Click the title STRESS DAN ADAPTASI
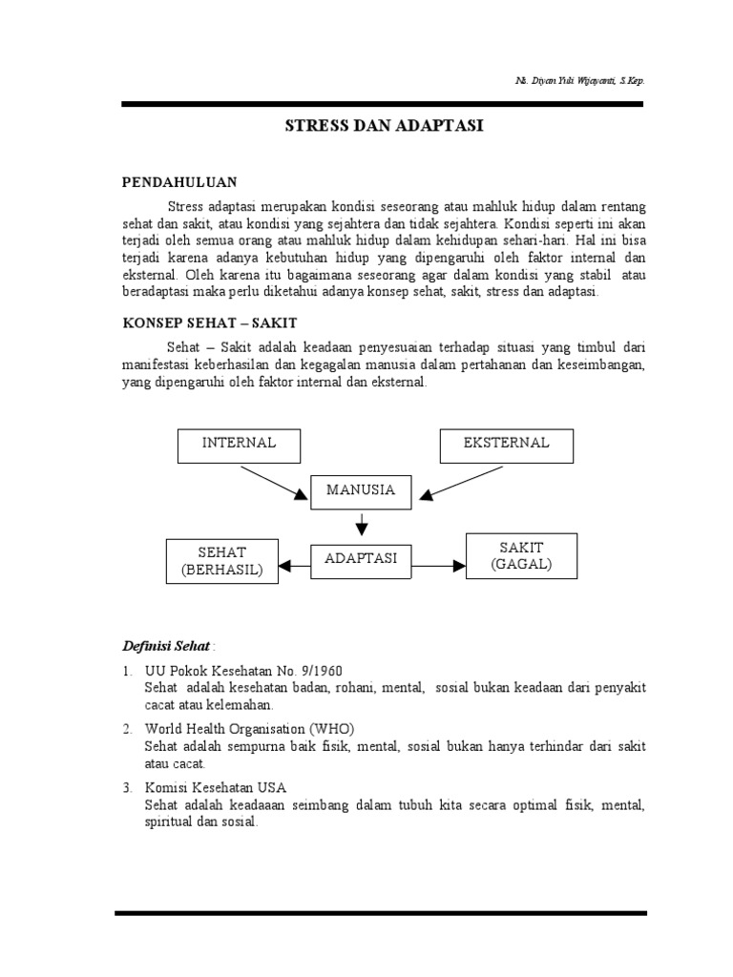(x=385, y=125)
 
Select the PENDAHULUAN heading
(x=180, y=181)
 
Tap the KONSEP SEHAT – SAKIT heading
(x=211, y=324)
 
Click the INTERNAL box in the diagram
(x=239, y=444)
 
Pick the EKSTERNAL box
(x=506, y=444)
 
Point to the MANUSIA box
(x=360, y=491)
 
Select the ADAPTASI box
(x=361, y=559)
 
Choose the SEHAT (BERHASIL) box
(x=222, y=561)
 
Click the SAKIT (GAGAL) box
(x=521, y=555)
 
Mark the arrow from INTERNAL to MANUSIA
(x=273, y=481)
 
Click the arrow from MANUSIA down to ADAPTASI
(x=361, y=524)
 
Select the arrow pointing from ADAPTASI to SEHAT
(x=295, y=566)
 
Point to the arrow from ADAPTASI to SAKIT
(x=437, y=566)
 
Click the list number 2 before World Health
(x=126, y=729)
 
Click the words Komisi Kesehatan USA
(x=216, y=788)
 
